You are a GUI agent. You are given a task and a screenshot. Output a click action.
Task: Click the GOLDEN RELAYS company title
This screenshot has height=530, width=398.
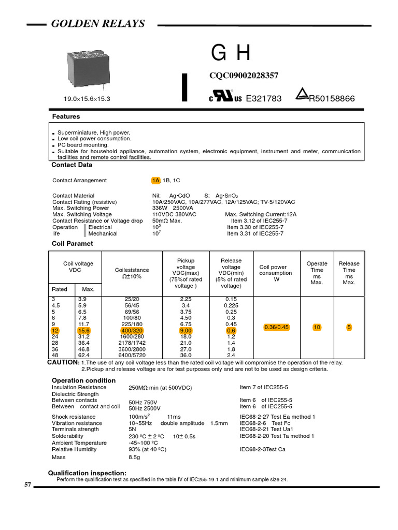coord(97,24)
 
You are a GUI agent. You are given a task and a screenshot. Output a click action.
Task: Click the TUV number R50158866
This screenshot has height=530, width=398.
coord(332,98)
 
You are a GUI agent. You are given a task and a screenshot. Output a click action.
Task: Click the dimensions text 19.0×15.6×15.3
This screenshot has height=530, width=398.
coord(87,98)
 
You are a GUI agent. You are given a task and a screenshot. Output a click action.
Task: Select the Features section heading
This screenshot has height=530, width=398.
coord(65,117)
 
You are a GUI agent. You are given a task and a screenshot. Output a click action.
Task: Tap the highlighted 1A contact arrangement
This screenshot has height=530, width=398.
coord(155,181)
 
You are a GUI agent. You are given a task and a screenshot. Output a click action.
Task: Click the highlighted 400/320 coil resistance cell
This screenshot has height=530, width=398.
coord(133,330)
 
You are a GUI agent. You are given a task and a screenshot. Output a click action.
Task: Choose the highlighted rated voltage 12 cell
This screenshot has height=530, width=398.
coord(55,330)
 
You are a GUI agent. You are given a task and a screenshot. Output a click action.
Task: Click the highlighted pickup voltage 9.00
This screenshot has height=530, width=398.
coord(186,330)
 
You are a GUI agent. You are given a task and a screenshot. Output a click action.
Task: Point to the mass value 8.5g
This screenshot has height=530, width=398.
coord(134,458)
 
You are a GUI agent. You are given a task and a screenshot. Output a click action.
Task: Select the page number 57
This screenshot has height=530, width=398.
coord(28,485)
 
